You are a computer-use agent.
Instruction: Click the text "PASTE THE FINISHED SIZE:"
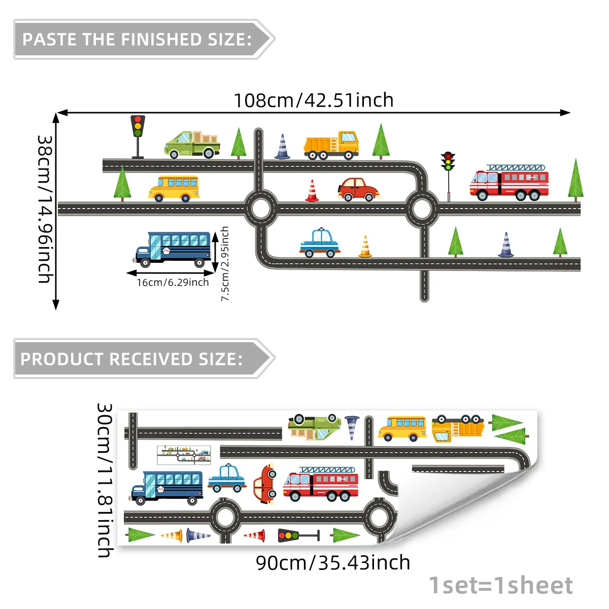coord(137,40)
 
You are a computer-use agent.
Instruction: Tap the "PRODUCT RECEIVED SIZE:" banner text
coord(131,359)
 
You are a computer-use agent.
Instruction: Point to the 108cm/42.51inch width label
coord(314,100)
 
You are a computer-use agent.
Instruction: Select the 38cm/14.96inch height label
coord(45,209)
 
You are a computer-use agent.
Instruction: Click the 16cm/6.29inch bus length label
coord(173,282)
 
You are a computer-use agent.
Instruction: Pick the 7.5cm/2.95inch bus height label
coord(225,263)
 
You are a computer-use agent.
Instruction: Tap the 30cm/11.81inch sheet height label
coord(105,481)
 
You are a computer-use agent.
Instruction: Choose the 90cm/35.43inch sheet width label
coord(333,563)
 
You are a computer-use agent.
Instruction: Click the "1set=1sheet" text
coord(500,586)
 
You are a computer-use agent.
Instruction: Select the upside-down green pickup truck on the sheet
coord(315,427)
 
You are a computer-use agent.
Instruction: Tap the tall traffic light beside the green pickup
coord(138,137)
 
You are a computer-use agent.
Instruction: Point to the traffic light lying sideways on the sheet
coord(298,535)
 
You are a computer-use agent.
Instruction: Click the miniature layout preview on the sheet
coord(184,455)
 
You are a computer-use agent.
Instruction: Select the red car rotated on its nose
coord(265,484)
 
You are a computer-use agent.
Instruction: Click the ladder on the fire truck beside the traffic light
coord(516,167)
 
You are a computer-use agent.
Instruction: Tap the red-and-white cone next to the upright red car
coord(312,191)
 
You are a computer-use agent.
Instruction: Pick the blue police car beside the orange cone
coord(320,243)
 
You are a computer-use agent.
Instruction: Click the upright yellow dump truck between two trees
coord(331,145)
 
